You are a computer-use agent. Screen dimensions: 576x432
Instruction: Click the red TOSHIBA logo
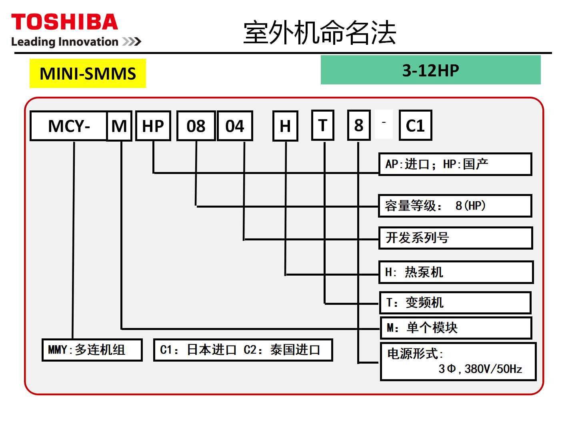pyautogui.click(x=64, y=22)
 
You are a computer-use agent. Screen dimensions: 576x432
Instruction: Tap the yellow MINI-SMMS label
pyautogui.click(x=88, y=73)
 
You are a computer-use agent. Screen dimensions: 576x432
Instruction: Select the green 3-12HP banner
pyautogui.click(x=431, y=70)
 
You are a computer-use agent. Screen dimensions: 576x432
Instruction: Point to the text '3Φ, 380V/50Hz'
pyautogui.click(x=480, y=369)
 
